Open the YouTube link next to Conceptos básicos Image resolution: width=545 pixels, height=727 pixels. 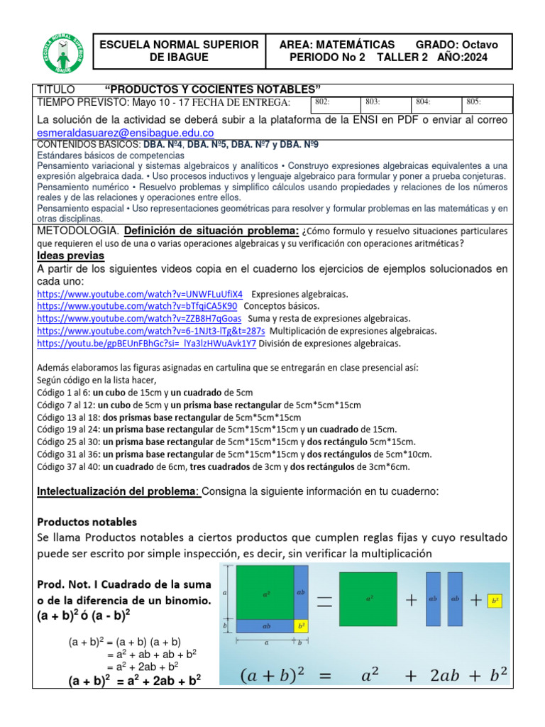(137, 306)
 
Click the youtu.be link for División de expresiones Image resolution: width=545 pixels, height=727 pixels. (146, 343)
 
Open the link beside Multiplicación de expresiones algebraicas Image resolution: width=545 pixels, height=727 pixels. (150, 331)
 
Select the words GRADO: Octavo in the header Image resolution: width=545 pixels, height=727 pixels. (457, 44)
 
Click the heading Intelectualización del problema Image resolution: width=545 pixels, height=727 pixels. (118, 491)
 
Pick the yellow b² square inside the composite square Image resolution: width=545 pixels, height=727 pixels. (301, 626)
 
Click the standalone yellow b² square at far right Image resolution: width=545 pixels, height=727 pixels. (494, 600)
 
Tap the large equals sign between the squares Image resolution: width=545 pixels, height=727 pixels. (324, 601)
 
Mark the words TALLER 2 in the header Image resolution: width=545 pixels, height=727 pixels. (402, 58)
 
